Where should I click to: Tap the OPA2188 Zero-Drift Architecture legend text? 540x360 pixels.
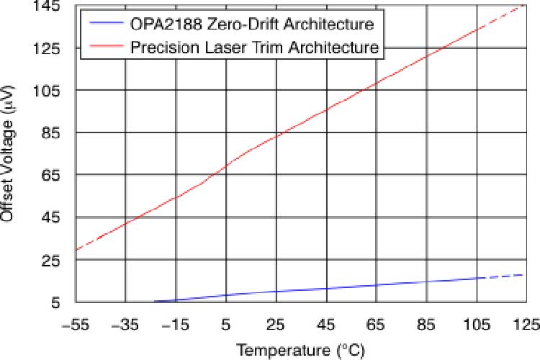click(252, 25)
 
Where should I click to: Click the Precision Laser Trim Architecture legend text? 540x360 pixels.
click(255, 48)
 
